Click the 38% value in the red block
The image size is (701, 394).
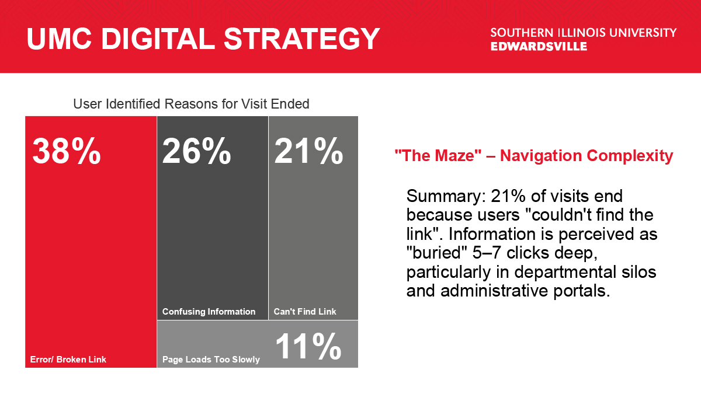[x=67, y=151]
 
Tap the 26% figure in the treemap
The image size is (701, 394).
[x=196, y=151]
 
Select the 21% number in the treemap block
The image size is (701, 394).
[x=308, y=151]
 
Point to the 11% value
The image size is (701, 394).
[x=308, y=347]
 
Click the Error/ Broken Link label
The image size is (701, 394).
[x=68, y=360]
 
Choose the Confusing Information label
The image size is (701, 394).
[x=209, y=312]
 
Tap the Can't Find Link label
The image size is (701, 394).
[x=305, y=312]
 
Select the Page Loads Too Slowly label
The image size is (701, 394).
[x=211, y=360]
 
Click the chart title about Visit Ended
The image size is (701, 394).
[x=191, y=104]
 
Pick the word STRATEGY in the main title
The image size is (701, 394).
[x=301, y=39]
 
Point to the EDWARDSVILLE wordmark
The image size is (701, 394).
[x=539, y=47]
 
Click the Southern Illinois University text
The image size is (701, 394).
[x=584, y=33]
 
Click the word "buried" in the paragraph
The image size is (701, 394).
[x=437, y=253]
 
